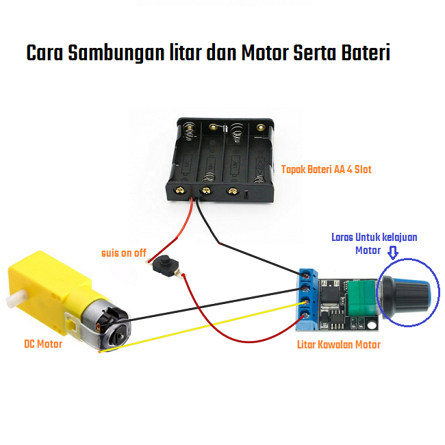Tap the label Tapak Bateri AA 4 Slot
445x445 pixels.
tap(327, 169)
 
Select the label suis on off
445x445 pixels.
tap(123, 253)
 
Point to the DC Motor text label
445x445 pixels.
tap(42, 344)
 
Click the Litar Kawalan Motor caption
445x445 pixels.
tap(339, 344)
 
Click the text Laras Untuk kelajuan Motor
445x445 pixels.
tap(374, 244)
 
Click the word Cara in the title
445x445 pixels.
tap(45, 53)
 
